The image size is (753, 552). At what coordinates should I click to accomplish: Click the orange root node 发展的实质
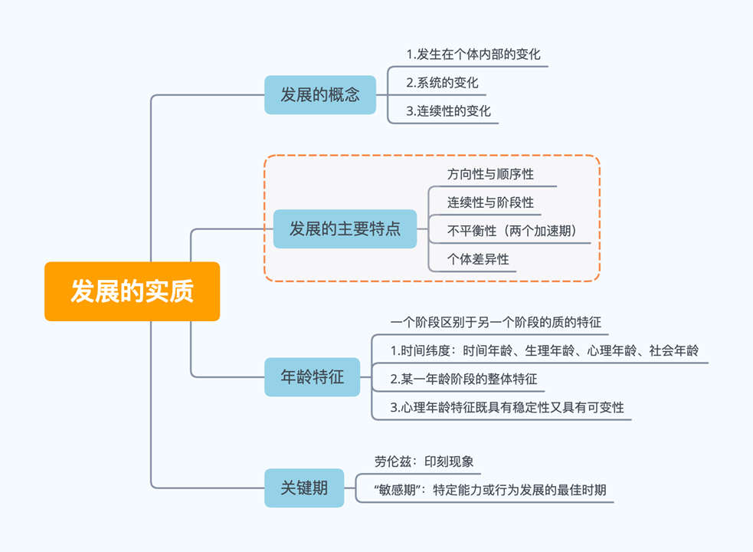pyautogui.click(x=132, y=291)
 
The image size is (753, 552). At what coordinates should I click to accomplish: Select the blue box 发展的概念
pyautogui.click(x=320, y=95)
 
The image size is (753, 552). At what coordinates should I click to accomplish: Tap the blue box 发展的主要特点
pyautogui.click(x=345, y=228)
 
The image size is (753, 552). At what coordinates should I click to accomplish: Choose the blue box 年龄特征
pyautogui.click(x=312, y=376)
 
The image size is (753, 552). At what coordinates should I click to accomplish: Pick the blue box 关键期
pyautogui.click(x=304, y=488)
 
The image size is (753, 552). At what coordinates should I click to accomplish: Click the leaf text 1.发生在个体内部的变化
pyautogui.click(x=473, y=54)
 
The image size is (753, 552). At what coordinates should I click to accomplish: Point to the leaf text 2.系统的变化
pyautogui.click(x=442, y=83)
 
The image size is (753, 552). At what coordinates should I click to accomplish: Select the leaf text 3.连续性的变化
pyautogui.click(x=448, y=111)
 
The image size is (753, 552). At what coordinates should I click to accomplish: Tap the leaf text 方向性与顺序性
pyautogui.click(x=490, y=174)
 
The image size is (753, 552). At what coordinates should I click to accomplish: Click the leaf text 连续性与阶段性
pyautogui.click(x=490, y=202)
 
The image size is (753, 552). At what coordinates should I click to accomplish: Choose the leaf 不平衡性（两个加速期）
pyautogui.click(x=512, y=231)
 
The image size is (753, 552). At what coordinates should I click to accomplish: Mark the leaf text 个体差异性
pyautogui.click(x=478, y=259)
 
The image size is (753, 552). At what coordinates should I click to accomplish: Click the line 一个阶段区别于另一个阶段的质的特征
pyautogui.click(x=490, y=322)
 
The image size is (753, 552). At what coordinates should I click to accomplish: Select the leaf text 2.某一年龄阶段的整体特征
pyautogui.click(x=463, y=379)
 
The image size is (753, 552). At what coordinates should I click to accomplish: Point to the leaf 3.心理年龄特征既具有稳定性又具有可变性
pyautogui.click(x=507, y=407)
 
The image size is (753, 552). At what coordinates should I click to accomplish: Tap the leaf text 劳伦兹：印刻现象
pyautogui.click(x=424, y=461)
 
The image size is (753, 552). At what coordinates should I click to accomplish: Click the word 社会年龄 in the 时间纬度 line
pyautogui.click(x=674, y=350)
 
